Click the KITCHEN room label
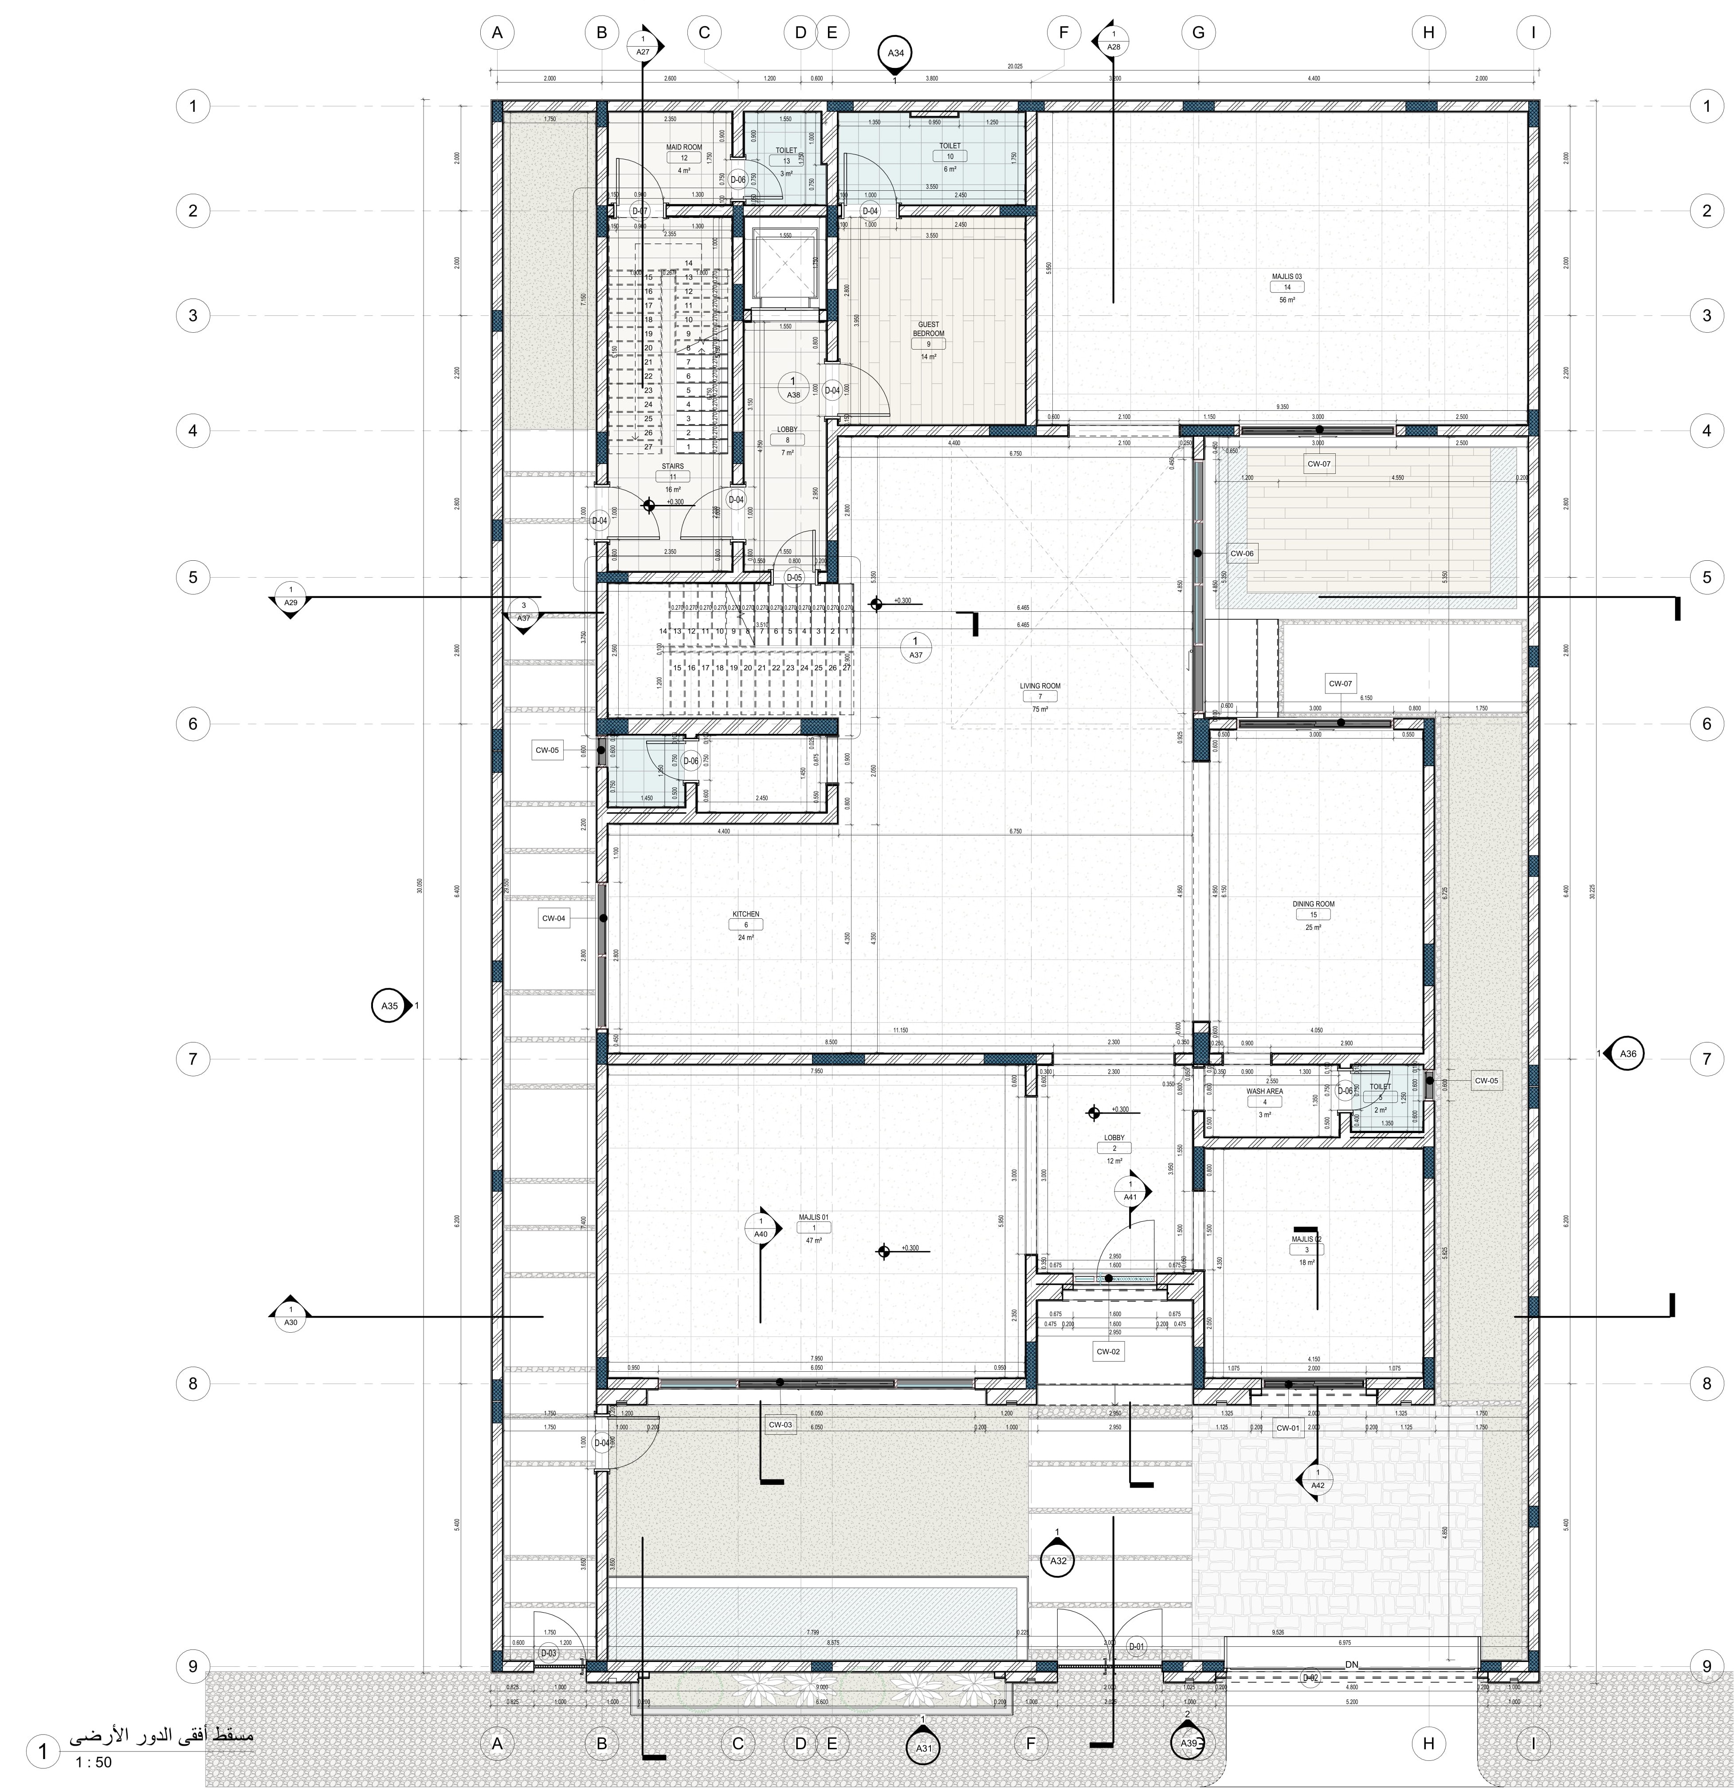coord(745,914)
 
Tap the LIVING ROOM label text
coord(1040,685)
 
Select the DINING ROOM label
coord(1313,904)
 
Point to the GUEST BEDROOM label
coord(928,329)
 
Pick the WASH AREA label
coord(1264,1091)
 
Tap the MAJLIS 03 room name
coord(1287,276)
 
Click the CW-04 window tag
coord(553,918)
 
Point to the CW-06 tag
coord(1242,554)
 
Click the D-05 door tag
coord(794,578)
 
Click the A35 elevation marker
coord(390,1006)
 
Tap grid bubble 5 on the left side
coord(193,578)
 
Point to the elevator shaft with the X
coord(781,265)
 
